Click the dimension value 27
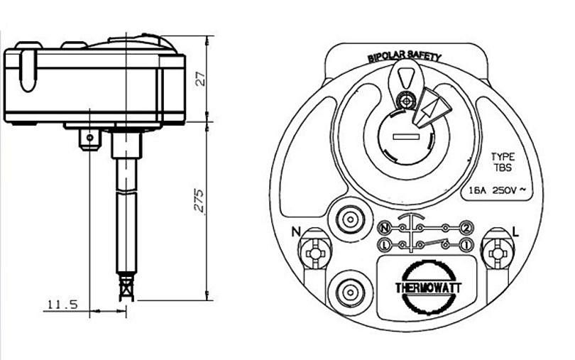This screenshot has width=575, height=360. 200,78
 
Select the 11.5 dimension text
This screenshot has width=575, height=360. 62,304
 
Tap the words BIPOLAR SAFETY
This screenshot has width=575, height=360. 405,56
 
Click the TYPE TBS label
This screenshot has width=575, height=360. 503,162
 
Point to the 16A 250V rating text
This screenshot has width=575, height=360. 498,190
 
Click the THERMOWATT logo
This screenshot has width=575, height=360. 427,288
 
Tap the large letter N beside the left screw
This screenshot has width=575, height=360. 296,232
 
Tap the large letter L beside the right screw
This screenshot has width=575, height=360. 515,232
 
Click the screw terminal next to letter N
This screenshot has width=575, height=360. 314,253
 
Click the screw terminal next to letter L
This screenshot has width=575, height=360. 497,253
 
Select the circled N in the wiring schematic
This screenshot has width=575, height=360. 383,229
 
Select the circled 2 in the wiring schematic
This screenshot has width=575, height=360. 466,228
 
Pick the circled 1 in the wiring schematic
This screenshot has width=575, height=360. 466,244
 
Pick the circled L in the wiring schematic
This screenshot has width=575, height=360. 383,244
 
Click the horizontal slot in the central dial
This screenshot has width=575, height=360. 406,136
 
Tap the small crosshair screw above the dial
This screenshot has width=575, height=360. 406,100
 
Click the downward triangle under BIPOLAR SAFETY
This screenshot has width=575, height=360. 405,77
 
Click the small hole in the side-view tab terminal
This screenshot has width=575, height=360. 89,138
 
